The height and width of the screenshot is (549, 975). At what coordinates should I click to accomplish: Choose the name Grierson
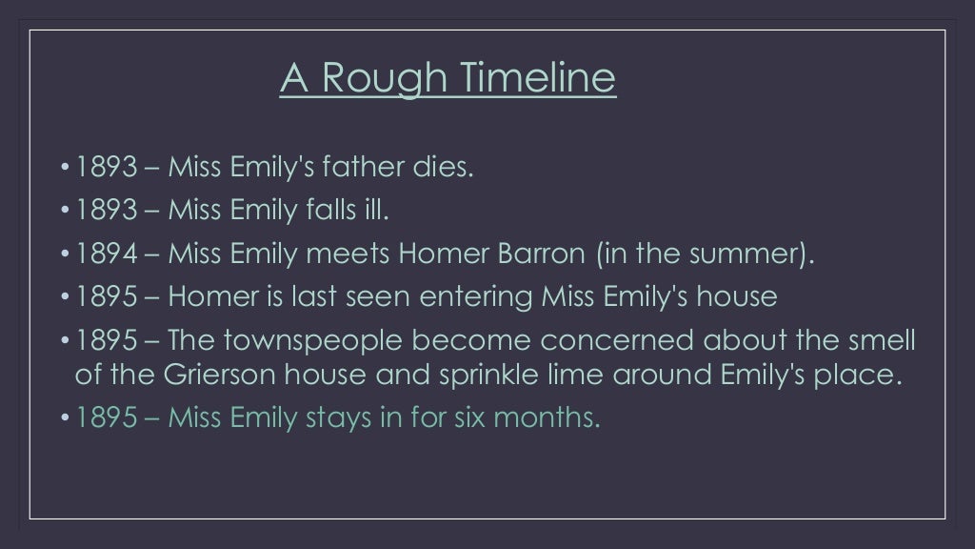click(199, 375)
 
